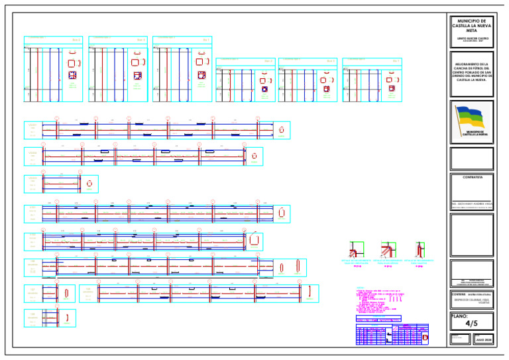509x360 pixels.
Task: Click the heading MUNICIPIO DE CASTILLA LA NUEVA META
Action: (x=471, y=26)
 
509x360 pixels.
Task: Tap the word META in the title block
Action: (x=471, y=30)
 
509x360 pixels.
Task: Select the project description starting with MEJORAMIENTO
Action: (x=471, y=72)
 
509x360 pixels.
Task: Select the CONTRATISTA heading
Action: (x=471, y=177)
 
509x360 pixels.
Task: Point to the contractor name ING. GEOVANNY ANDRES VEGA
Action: (x=471, y=204)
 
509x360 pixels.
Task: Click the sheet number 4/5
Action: (x=471, y=324)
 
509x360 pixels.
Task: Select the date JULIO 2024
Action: (x=484, y=339)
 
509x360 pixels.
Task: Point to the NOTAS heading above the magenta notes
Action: (x=360, y=288)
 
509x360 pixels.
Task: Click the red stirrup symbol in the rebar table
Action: (x=425, y=339)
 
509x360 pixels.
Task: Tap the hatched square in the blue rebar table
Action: (x=395, y=329)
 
